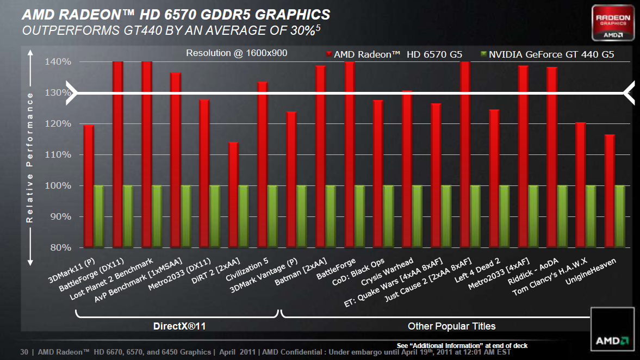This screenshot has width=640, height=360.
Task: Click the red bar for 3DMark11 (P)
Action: click(x=89, y=186)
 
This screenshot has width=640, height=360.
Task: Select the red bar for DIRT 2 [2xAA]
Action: click(x=233, y=195)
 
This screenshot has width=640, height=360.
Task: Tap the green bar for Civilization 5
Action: click(x=272, y=216)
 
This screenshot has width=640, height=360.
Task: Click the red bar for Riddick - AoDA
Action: click(x=552, y=157)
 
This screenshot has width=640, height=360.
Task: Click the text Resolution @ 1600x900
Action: click(x=237, y=53)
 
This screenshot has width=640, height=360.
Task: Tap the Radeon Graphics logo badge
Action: click(x=613, y=24)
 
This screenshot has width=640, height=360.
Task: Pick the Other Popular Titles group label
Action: click(x=451, y=326)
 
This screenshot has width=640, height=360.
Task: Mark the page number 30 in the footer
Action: click(x=24, y=352)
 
